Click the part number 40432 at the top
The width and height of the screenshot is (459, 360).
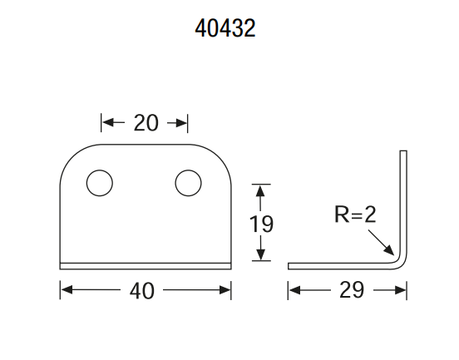tap(225, 28)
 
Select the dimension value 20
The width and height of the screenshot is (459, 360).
tap(146, 123)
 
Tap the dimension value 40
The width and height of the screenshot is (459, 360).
tap(141, 291)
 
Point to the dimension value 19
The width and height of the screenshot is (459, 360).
tap(261, 224)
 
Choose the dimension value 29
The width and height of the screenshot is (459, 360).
tap(352, 290)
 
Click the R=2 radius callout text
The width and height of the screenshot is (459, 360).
tap(355, 215)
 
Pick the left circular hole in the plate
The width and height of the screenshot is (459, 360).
tap(100, 183)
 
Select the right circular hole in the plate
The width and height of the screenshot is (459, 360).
tap(188, 183)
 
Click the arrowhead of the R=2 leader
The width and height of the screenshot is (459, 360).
tap(390, 251)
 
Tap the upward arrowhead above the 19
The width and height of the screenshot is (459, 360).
tap(260, 190)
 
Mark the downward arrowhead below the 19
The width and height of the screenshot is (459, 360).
tap(260, 254)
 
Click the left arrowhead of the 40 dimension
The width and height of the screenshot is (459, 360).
tap(67, 290)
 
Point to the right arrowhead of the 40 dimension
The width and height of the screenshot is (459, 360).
tap(225, 290)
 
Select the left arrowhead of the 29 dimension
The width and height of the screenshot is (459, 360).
tap(294, 290)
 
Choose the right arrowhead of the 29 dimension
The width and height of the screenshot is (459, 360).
tap(401, 290)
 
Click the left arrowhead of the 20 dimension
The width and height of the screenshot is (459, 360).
tap(107, 122)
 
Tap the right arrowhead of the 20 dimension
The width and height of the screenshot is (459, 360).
tap(181, 123)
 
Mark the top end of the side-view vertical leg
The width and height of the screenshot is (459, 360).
tap(403, 151)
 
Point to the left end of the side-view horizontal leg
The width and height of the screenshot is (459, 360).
tap(289, 266)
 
